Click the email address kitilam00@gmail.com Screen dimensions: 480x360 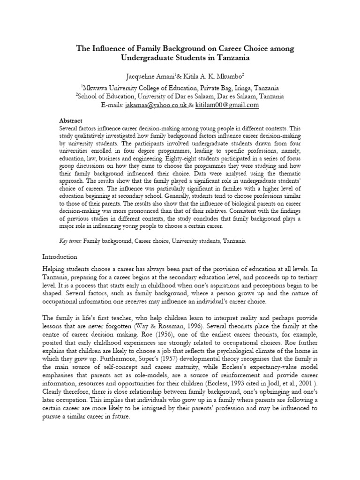point(227,105)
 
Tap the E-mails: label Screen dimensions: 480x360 point(112,105)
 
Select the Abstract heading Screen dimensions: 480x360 point(71,120)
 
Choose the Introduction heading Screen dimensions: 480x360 point(60,257)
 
